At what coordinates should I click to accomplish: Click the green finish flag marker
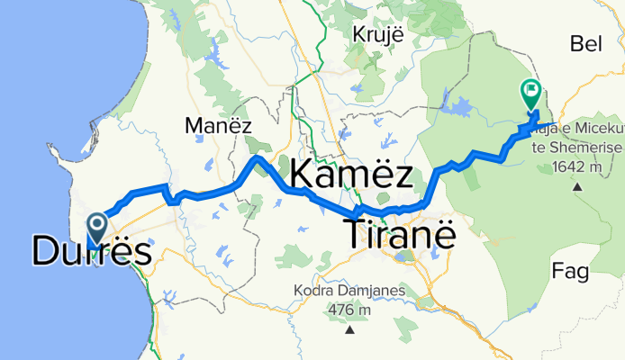530,92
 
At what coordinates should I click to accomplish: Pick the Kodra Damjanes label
349,292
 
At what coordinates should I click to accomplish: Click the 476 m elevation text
349,310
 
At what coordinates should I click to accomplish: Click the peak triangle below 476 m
349,329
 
